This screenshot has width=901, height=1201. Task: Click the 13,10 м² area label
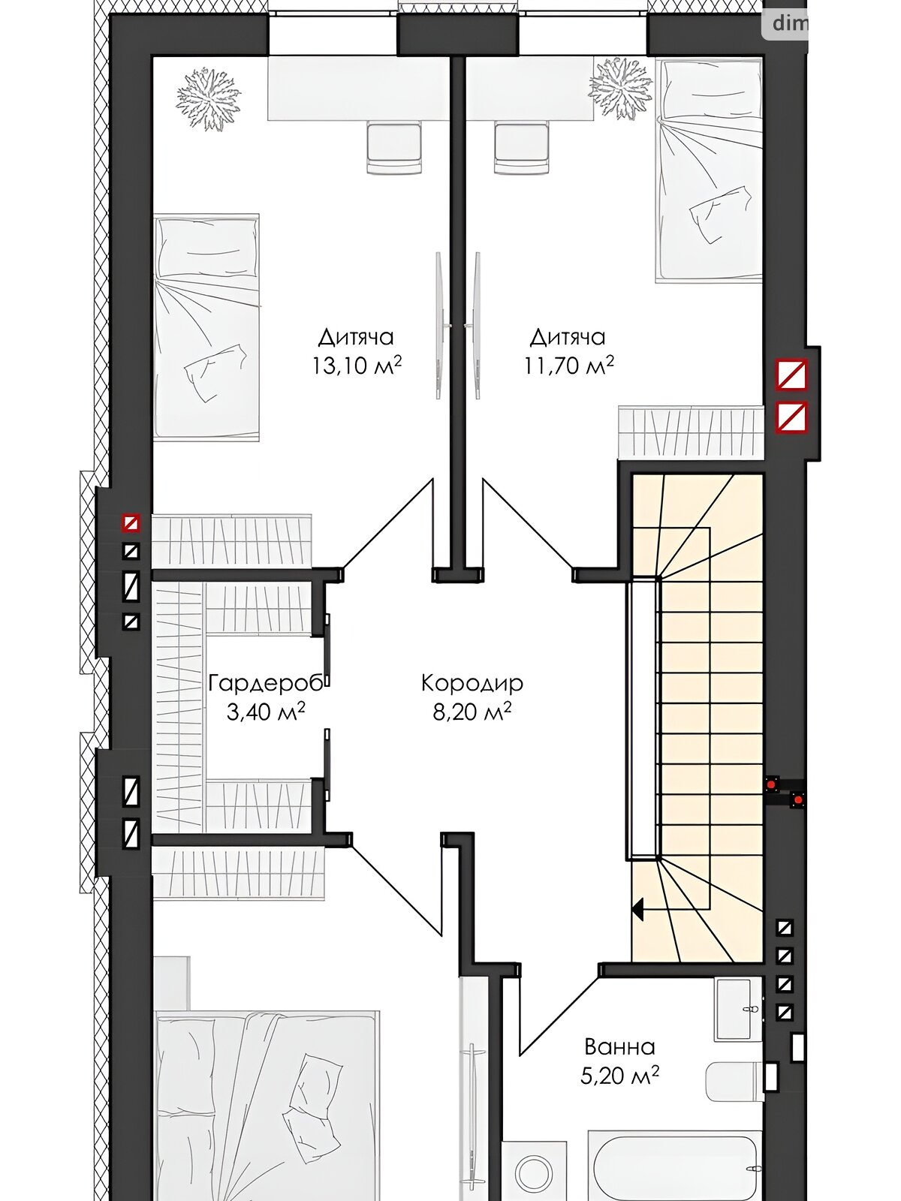(x=357, y=365)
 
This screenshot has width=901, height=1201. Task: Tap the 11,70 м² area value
(x=568, y=365)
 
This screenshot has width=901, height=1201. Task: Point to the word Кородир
(x=472, y=683)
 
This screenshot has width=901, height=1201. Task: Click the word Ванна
(x=620, y=1046)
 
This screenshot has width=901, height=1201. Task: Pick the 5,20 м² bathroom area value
(x=620, y=1076)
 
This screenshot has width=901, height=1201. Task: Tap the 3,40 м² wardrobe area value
(x=265, y=712)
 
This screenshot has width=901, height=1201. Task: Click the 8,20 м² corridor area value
(x=472, y=712)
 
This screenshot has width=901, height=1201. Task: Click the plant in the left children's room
(x=209, y=99)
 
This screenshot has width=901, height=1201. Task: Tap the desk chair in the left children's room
(x=394, y=149)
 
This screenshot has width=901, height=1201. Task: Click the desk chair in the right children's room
(x=521, y=149)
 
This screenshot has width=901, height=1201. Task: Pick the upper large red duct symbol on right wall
(x=791, y=375)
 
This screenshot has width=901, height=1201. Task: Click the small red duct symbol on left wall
(x=131, y=523)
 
